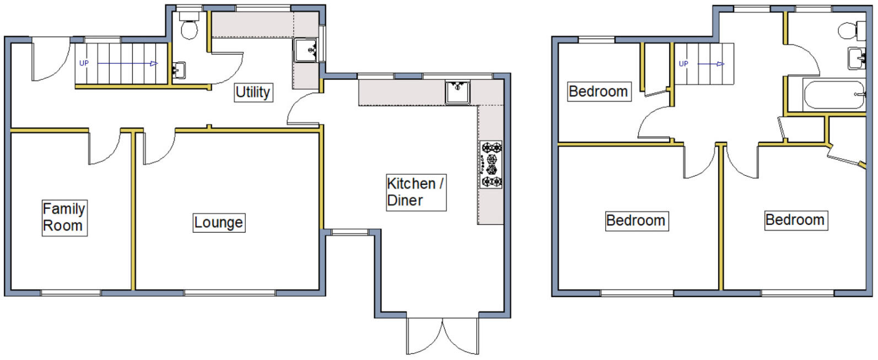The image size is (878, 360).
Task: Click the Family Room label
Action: pos(64,217)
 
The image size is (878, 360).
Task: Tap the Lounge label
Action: pos(218,223)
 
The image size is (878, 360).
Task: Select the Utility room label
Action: pos(252,92)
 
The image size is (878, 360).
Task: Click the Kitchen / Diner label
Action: pos(414,192)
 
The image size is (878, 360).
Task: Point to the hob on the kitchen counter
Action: pos(491,165)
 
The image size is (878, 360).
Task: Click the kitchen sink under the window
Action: pos(457,92)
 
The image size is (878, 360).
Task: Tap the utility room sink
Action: pos(305,50)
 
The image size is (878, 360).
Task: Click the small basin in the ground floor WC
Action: pos(179,71)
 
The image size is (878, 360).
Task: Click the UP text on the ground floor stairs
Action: pos(84,63)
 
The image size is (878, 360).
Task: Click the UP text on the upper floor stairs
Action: pos(683,64)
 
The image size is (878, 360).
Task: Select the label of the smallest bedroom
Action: pos(598,92)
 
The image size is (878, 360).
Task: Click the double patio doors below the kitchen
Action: pos(443,335)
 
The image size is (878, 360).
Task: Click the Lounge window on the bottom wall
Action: pos(229,292)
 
